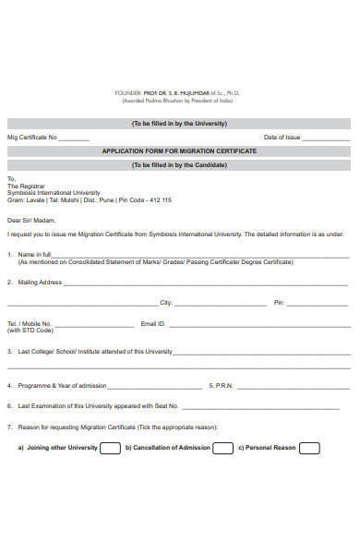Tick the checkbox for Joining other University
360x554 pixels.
pos(110,448)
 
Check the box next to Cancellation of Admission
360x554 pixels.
pos(223,448)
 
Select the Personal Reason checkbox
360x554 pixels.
pos(309,448)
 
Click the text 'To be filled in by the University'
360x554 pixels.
pos(179,124)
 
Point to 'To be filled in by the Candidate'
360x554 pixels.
pos(179,164)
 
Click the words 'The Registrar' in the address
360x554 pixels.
pos(25,186)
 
